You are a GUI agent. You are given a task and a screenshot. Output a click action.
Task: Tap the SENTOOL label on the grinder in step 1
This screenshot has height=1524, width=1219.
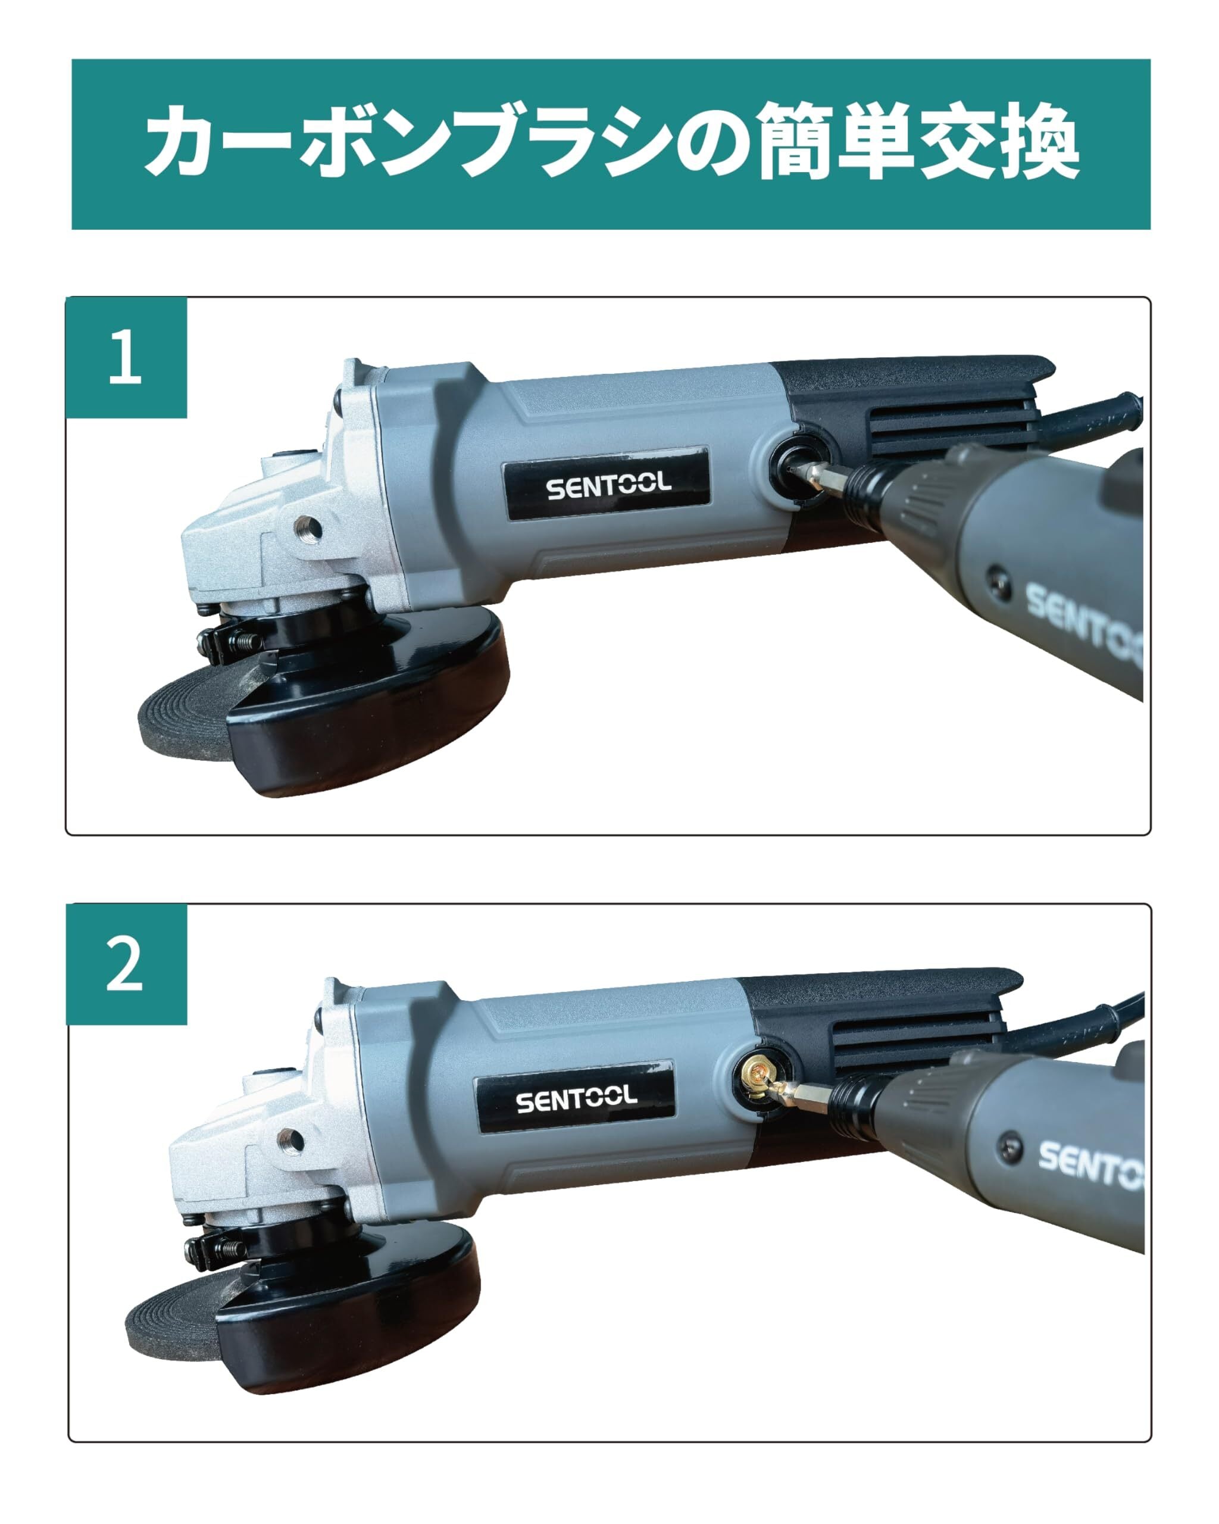pyautogui.click(x=607, y=483)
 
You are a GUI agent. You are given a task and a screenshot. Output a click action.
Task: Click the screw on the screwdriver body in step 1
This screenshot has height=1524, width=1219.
pyautogui.click(x=999, y=576)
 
